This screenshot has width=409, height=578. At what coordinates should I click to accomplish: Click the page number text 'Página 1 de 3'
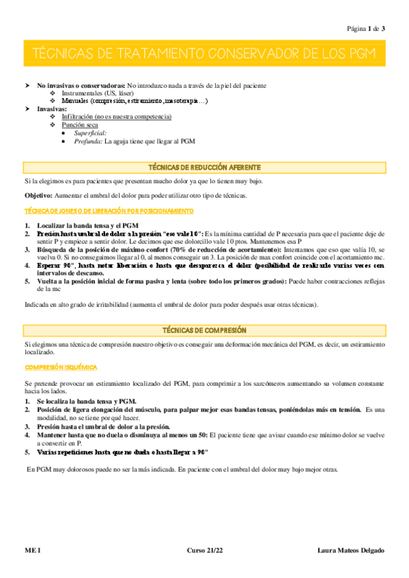click(x=366, y=29)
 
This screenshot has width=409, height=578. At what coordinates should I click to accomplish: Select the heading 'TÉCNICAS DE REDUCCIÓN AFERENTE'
click(x=204, y=167)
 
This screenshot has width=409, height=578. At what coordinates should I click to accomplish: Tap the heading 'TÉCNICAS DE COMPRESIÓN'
click(x=204, y=330)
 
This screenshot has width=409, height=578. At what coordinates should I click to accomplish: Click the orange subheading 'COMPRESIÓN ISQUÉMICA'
click(x=61, y=367)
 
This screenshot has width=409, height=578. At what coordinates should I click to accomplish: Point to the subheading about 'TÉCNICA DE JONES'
click(x=109, y=211)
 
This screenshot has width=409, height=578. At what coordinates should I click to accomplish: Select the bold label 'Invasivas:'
click(x=52, y=109)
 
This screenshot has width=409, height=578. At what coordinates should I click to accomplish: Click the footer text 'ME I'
click(x=33, y=550)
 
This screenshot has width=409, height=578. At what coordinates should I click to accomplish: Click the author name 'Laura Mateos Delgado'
click(x=351, y=550)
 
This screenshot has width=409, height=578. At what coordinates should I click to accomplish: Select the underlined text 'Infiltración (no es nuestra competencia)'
click(x=117, y=117)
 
